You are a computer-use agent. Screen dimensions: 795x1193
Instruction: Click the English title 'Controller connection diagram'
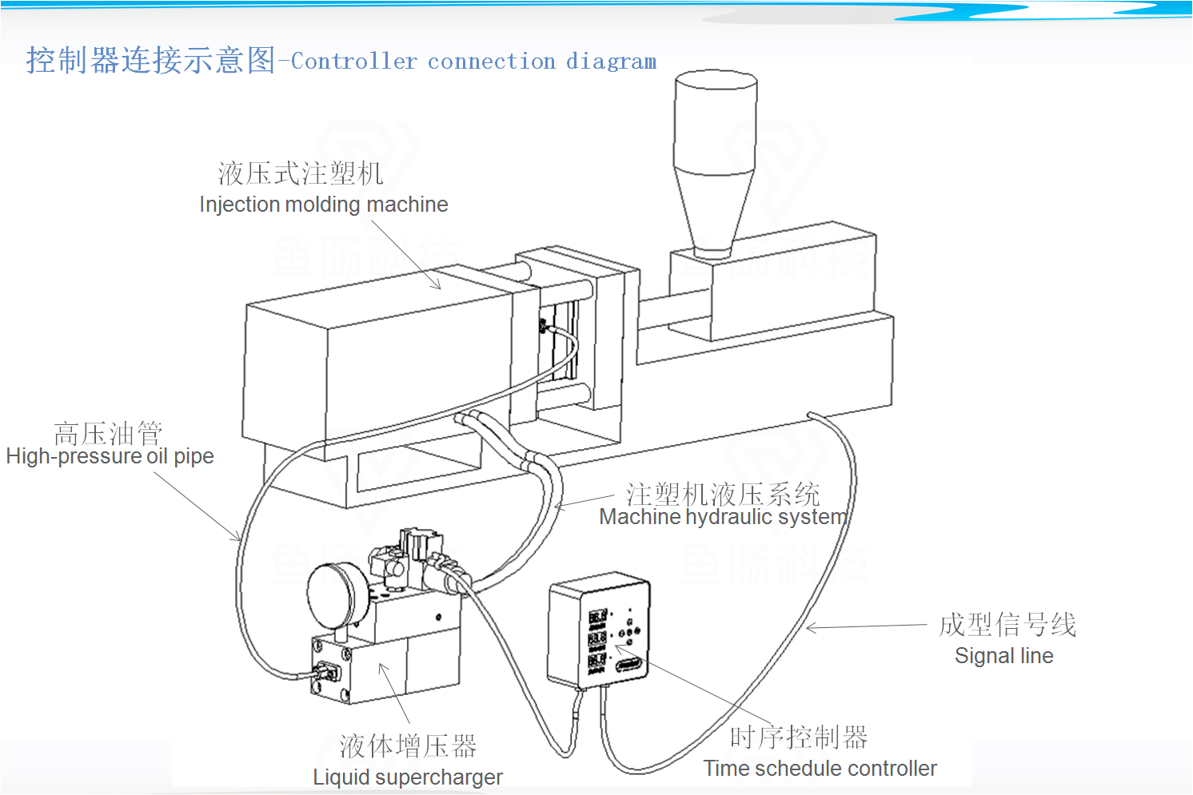point(473,62)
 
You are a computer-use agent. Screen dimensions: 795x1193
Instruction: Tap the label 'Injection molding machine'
point(323,205)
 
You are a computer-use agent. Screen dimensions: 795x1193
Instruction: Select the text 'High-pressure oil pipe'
point(110,456)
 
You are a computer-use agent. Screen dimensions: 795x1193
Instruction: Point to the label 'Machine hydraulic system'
point(723,517)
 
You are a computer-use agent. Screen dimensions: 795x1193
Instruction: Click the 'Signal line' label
point(1003,656)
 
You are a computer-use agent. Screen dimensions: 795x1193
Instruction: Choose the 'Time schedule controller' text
point(820,769)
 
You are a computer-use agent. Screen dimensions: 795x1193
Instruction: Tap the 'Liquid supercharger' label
point(407,777)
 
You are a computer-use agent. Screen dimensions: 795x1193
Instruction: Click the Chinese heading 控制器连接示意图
point(150,60)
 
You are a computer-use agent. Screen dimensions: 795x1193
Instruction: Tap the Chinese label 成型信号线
point(1007,625)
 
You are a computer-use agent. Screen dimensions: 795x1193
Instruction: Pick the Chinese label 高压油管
point(108,434)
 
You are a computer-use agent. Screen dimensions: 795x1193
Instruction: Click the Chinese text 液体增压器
point(408,746)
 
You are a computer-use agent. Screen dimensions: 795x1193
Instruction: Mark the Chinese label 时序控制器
point(798,737)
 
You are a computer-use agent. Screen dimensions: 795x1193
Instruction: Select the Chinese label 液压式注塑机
point(301,173)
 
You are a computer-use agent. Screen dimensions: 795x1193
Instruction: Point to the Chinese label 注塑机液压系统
point(723,495)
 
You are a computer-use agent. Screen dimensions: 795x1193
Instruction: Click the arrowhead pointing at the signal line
point(809,628)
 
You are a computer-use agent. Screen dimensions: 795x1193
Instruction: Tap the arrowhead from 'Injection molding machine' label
point(437,285)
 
